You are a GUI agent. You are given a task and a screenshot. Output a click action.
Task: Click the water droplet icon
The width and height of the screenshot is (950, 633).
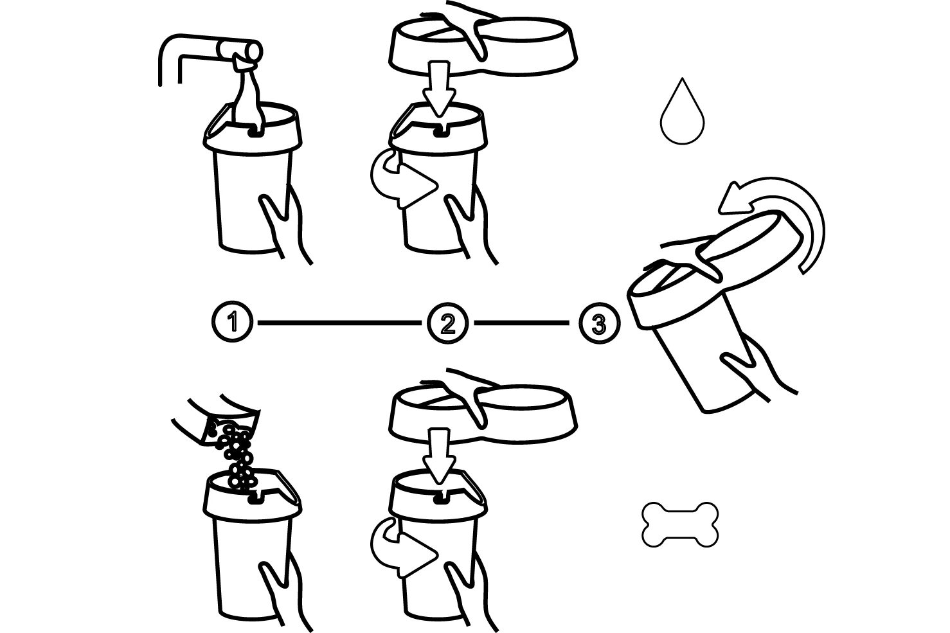tap(683, 116)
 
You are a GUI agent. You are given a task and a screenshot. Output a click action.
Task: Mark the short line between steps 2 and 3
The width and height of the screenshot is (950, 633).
tap(521, 322)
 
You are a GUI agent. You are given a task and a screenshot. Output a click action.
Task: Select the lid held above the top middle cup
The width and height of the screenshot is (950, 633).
tap(482, 45)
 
